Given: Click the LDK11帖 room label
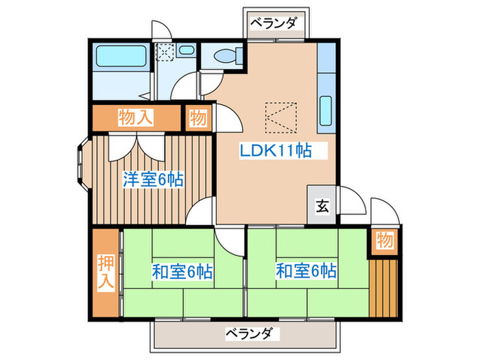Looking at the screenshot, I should coord(275,151).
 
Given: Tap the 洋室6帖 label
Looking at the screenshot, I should coord(152,180).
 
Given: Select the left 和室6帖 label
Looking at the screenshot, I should coord(182,272).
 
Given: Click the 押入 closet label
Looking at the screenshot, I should coord(106,273).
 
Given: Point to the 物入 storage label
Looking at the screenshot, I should coord(135,117).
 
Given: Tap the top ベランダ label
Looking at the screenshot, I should coord(273,23).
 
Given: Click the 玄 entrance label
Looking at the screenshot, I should coord(321,204).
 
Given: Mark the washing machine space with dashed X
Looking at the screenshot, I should coord(165,52).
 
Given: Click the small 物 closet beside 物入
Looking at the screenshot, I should coord(198,117).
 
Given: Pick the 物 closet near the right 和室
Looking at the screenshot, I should coord(385,241).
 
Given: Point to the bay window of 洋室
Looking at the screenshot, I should coord(80,165).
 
